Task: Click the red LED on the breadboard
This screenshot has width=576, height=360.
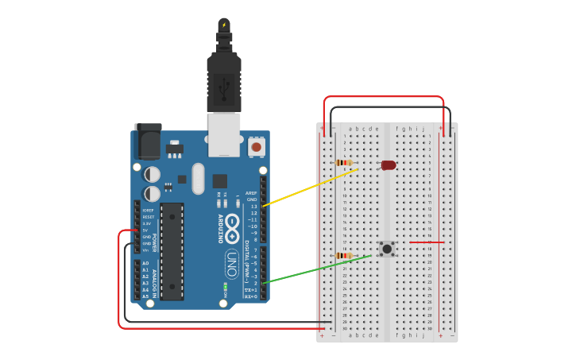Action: (x=389, y=165)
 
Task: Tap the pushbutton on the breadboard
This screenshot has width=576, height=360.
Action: (x=388, y=249)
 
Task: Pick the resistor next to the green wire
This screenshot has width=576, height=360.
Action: (x=344, y=256)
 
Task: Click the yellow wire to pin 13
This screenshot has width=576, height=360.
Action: (x=310, y=188)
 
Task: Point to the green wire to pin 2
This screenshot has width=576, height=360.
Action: (x=318, y=269)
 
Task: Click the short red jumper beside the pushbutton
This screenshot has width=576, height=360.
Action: (x=426, y=242)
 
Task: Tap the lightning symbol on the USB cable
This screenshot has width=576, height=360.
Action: (x=224, y=25)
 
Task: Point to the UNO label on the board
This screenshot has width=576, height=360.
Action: (x=232, y=261)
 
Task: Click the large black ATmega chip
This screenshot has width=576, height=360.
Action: (x=172, y=250)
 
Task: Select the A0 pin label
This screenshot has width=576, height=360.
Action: (x=145, y=263)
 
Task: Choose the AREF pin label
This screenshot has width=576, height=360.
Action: (x=251, y=193)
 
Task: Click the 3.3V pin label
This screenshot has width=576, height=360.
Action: (x=147, y=223)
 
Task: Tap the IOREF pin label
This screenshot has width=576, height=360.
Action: (x=149, y=210)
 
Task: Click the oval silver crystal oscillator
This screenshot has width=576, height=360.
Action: (x=198, y=178)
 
